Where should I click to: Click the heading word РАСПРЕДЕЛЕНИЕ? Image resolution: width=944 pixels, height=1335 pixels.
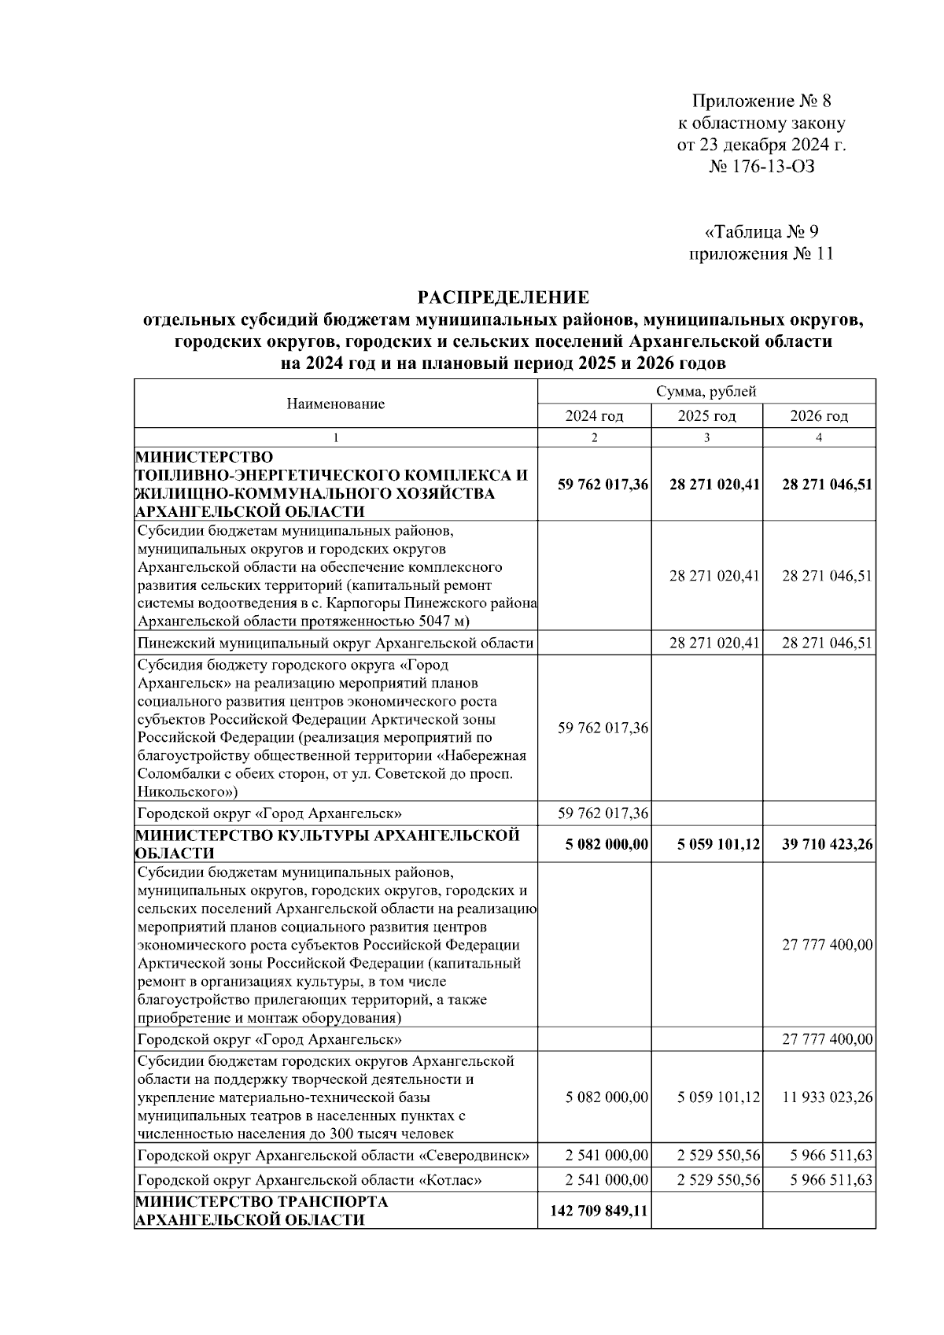(503, 297)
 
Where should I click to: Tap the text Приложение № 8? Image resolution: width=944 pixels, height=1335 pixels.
(761, 101)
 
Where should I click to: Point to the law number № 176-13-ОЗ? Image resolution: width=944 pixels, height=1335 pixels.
(761, 167)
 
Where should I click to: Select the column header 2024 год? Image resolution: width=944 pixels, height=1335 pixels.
(594, 416)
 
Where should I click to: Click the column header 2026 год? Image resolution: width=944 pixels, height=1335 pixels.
(819, 416)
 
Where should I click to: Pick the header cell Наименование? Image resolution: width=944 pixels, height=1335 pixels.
(336, 404)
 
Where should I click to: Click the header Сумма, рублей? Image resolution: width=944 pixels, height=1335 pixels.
(706, 392)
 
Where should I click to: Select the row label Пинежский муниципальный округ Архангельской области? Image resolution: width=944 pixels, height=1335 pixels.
(335, 644)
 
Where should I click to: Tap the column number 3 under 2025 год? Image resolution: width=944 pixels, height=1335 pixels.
(706, 438)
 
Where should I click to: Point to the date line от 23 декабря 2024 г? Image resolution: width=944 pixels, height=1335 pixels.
(761, 145)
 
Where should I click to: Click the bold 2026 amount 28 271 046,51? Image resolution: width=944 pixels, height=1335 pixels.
(827, 485)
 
